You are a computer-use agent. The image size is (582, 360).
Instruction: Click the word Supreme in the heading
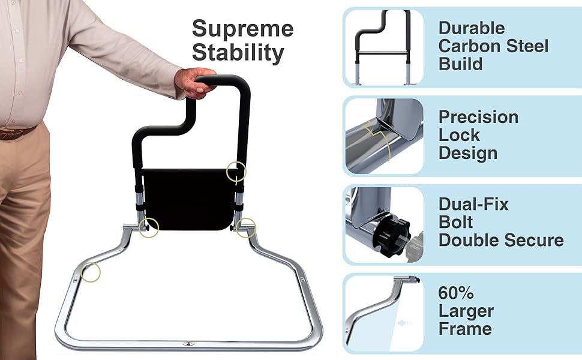coord(242,29)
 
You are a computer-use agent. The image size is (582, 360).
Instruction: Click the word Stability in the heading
coord(238,53)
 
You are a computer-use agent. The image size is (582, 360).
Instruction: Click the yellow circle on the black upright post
coord(236,172)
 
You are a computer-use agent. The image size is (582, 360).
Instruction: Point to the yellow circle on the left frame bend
coord(90,272)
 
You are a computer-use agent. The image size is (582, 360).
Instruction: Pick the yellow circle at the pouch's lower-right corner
coord(245,227)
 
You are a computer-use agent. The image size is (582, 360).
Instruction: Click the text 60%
coord(456,293)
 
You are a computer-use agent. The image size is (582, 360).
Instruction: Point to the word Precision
coord(478,117)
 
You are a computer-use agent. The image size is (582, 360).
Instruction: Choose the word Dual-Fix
coord(473,204)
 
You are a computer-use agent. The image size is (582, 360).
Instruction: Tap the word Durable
coord(471,28)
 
